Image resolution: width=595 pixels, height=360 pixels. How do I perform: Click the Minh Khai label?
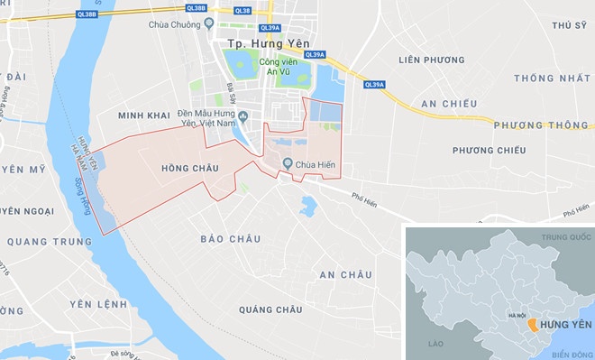(x=144, y=115)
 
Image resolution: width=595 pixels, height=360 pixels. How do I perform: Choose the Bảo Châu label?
(x=232, y=239)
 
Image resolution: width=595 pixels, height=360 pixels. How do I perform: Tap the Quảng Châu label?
(x=270, y=309)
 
